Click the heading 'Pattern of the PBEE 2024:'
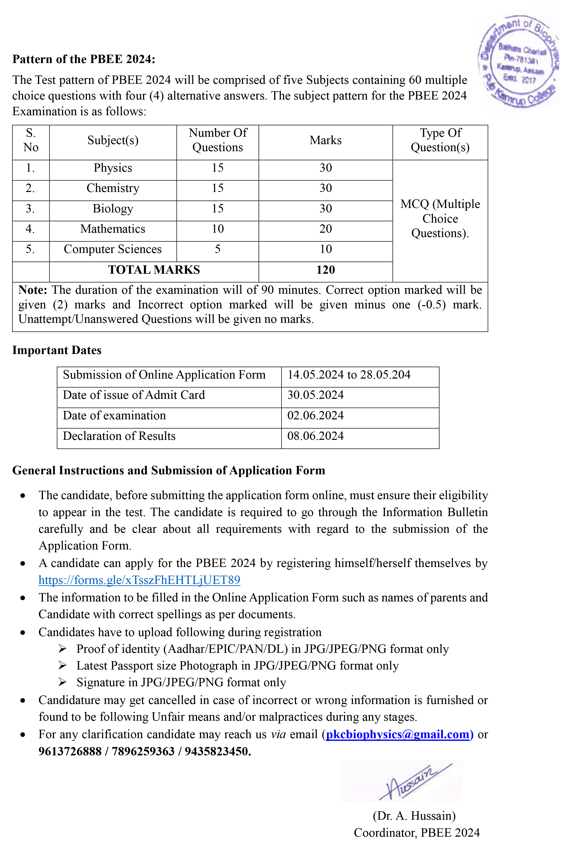[84, 59]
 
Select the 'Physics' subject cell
[113, 168]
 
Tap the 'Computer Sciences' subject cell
[113, 249]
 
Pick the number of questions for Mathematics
[218, 229]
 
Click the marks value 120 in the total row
[326, 270]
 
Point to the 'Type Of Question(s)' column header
[440, 140]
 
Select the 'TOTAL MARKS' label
[154, 270]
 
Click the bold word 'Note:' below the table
[33, 290]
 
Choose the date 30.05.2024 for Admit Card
[315, 395]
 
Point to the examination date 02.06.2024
[315, 416]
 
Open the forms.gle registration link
[139, 580]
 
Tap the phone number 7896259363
[143, 751]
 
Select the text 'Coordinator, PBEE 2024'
[416, 833]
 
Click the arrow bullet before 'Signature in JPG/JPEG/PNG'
[63, 682]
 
